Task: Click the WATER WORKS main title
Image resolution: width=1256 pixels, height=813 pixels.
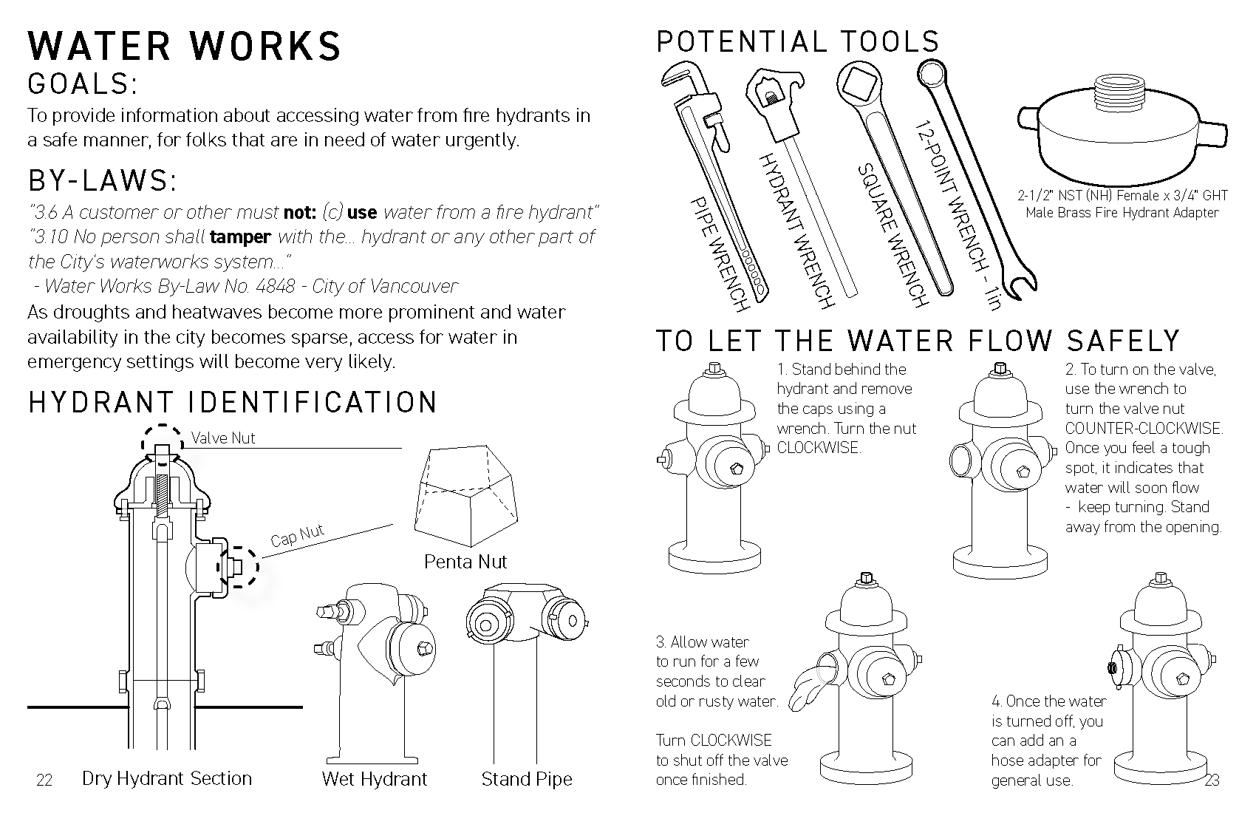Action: pyautogui.click(x=184, y=45)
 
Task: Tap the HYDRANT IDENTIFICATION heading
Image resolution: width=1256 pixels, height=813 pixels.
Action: pyautogui.click(x=233, y=403)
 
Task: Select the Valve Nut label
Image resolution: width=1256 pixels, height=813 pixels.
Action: pyautogui.click(x=223, y=438)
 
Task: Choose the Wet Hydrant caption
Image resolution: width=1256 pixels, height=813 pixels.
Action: pyautogui.click(x=375, y=779)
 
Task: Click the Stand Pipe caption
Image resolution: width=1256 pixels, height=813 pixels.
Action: pyautogui.click(x=527, y=779)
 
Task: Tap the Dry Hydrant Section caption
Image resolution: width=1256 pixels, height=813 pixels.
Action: pyautogui.click(x=167, y=778)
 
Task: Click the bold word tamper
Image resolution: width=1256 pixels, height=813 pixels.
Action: pyautogui.click(x=240, y=237)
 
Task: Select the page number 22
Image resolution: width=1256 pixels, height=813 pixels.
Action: pyautogui.click(x=44, y=780)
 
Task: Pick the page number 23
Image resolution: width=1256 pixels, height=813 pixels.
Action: pyautogui.click(x=1212, y=780)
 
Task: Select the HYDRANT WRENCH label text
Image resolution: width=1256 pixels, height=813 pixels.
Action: pyautogui.click(x=796, y=231)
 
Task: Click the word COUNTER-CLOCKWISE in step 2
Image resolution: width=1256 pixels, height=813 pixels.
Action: pyautogui.click(x=1144, y=429)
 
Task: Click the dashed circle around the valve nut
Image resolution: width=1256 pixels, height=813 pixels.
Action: pyautogui.click(x=163, y=443)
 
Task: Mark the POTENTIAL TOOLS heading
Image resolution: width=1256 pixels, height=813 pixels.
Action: pyautogui.click(x=797, y=42)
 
